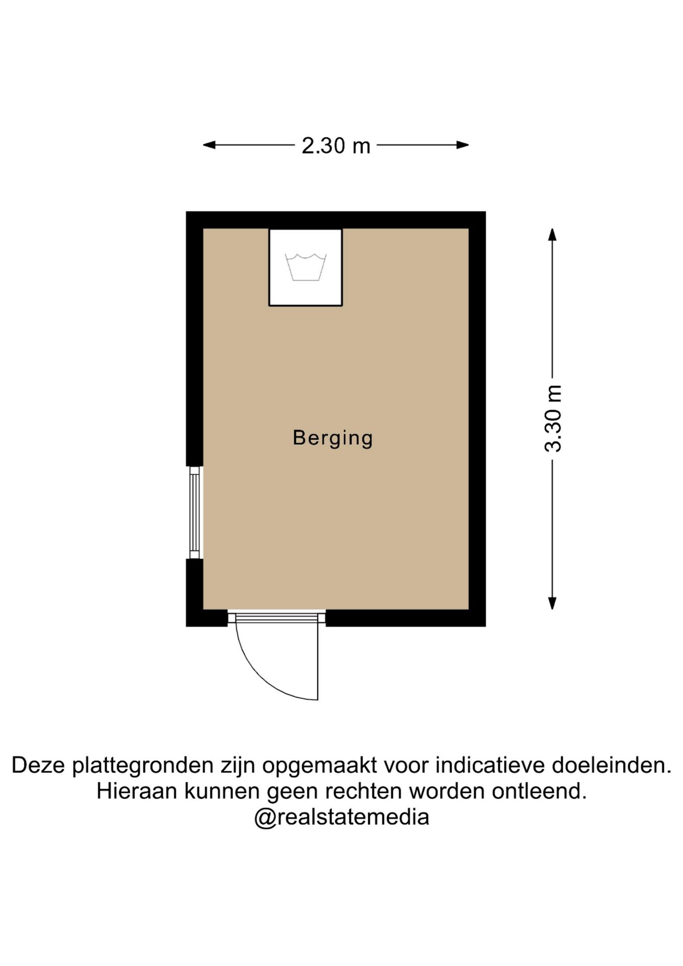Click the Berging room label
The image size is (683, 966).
333,438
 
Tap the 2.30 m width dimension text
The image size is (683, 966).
336,146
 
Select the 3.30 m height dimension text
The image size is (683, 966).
553,419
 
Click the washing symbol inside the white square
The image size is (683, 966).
306,267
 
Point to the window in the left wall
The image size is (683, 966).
195,513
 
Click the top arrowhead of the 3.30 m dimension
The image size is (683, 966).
552,235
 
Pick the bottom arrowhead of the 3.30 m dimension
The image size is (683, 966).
552,603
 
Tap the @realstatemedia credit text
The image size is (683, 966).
341,817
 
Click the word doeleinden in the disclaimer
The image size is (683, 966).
612,766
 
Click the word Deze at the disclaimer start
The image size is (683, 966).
39,766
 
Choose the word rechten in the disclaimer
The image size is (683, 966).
364,791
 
